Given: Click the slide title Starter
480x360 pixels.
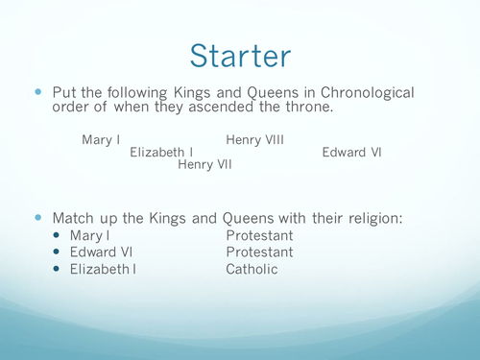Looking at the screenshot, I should [240, 54].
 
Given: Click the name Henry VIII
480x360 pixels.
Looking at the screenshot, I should [254, 140].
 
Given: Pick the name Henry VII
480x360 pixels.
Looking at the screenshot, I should [204, 164].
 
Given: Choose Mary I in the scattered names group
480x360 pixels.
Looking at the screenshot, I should [101, 140].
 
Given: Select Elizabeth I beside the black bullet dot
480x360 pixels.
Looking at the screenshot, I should [102, 270].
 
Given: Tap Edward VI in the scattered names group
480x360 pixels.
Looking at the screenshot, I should [351, 152].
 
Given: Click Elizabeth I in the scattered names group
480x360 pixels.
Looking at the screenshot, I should [162, 152].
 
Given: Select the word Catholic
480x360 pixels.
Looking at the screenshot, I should [252, 270].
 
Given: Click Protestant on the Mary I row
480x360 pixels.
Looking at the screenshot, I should [259, 235].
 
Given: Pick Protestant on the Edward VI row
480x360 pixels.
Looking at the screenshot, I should [259, 252].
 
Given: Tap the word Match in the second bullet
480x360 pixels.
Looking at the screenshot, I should [74, 218].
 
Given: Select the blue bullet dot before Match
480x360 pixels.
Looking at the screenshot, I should [39, 218].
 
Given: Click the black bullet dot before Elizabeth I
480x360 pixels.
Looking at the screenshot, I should [58, 270].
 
